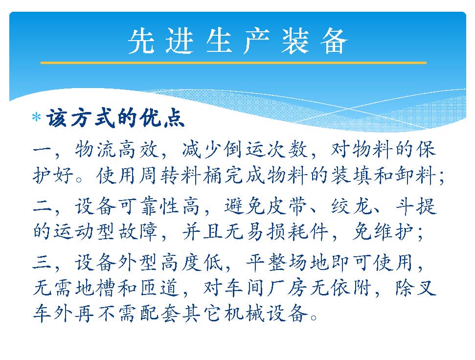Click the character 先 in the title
click(142, 41)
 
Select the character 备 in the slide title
click(334, 41)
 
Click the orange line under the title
click(233, 63)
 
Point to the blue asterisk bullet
click(36, 117)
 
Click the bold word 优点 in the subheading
click(162, 117)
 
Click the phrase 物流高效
click(117, 149)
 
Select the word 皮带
click(287, 206)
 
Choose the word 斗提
click(416, 206)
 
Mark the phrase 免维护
click(384, 232)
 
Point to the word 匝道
click(160, 288)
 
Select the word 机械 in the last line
click(245, 313)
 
